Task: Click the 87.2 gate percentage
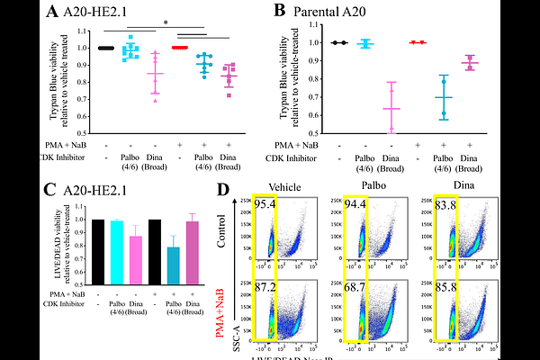tap(265, 288)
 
